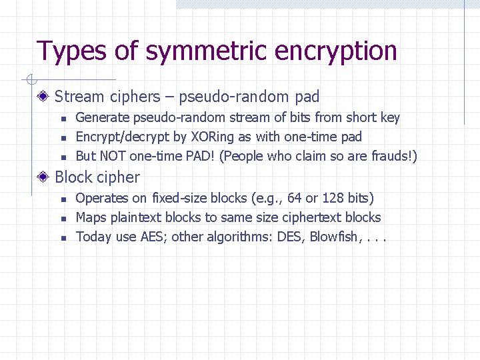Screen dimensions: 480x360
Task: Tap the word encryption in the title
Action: [x=337, y=51]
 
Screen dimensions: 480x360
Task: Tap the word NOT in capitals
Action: [x=115, y=157]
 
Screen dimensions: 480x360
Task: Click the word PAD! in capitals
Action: [x=195, y=157]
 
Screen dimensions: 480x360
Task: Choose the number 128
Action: [x=333, y=198]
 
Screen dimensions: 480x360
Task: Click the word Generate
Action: [x=103, y=118]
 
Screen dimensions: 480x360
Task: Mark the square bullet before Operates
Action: [x=62, y=199]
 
